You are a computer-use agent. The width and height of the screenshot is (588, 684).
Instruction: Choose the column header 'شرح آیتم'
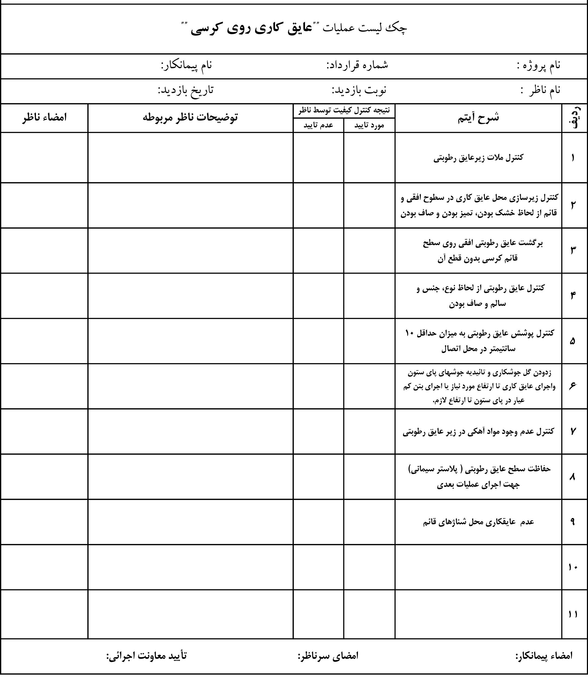pos(478,118)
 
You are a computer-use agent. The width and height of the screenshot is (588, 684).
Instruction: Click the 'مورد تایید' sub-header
pos(369,125)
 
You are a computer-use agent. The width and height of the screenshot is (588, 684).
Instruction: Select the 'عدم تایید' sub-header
pos(318,125)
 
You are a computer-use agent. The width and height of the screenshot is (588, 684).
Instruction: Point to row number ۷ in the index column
pos(573,431)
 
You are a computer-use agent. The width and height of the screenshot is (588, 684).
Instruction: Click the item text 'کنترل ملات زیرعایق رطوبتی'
pos(478,158)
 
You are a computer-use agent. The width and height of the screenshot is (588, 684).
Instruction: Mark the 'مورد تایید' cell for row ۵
pos(369,341)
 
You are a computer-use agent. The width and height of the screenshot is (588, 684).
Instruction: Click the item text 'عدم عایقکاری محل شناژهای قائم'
pos(478,522)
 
